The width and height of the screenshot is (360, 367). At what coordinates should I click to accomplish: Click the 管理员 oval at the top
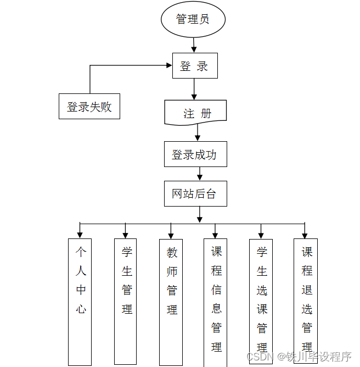[193, 19]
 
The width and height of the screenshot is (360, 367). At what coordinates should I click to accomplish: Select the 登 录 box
[195, 66]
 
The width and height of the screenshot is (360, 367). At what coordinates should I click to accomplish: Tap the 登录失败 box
[89, 106]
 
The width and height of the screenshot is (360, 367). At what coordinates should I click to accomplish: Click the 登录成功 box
[195, 154]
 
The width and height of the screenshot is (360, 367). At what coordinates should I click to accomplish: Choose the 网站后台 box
[195, 193]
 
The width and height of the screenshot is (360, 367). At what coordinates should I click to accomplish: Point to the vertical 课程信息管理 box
[216, 302]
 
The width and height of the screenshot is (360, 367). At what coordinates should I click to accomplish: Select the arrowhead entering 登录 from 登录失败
[168, 65]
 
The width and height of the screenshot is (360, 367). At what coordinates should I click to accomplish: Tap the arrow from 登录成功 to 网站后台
[200, 174]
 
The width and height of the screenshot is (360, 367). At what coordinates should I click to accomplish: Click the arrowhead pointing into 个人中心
[81, 235]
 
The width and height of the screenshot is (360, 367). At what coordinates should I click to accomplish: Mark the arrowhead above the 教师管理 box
[171, 235]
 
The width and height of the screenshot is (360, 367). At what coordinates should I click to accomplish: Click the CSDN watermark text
[261, 357]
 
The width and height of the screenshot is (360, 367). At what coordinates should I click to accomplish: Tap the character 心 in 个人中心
[81, 309]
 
